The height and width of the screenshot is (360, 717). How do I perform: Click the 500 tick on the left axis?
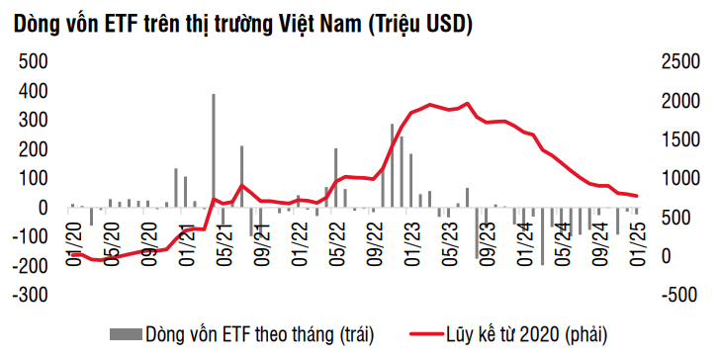point(35,61)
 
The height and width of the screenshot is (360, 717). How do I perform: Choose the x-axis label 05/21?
point(224,242)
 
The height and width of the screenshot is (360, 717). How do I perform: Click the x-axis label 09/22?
point(375,242)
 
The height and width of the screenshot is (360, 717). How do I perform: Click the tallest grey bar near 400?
point(214,148)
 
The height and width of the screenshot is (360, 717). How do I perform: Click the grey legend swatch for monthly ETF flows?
point(125,332)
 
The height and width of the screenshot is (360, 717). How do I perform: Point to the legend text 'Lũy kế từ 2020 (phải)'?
point(533,332)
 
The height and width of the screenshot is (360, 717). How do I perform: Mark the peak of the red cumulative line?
point(467,103)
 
